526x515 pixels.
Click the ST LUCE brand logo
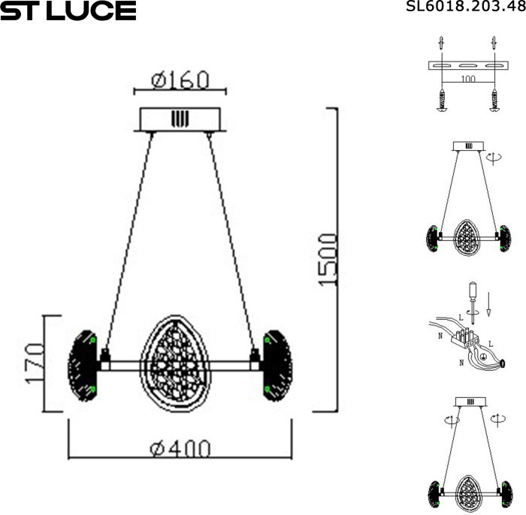pyautogui.click(x=68, y=11)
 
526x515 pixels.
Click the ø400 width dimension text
pyautogui.click(x=180, y=449)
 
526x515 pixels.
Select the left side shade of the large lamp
pyautogui.click(x=83, y=365)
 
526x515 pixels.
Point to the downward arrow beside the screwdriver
pyautogui.click(x=488, y=304)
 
